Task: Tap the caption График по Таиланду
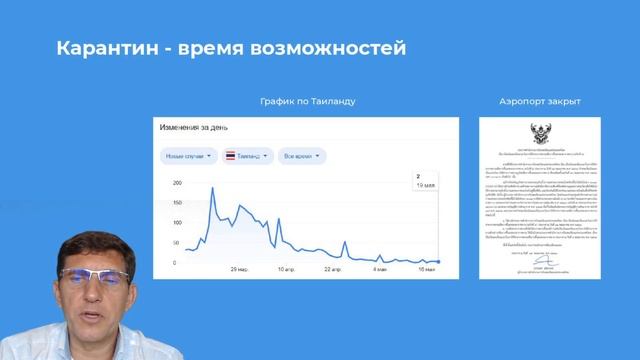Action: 306,102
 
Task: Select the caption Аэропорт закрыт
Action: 540,102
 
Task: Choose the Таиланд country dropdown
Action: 248,156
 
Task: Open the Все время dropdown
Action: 305,156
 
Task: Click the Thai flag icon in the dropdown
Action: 231,156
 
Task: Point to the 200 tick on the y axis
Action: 177,184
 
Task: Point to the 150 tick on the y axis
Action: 177,204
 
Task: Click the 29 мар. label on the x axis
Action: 241,270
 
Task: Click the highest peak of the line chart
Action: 211,188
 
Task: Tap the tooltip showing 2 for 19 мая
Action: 426,181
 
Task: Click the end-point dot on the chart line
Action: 438,262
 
